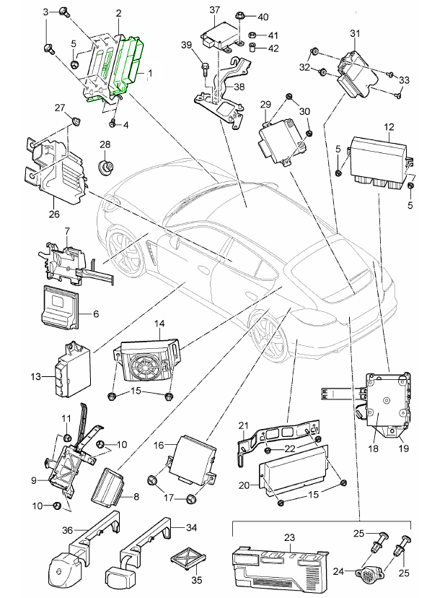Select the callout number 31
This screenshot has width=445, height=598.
click(354, 33)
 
